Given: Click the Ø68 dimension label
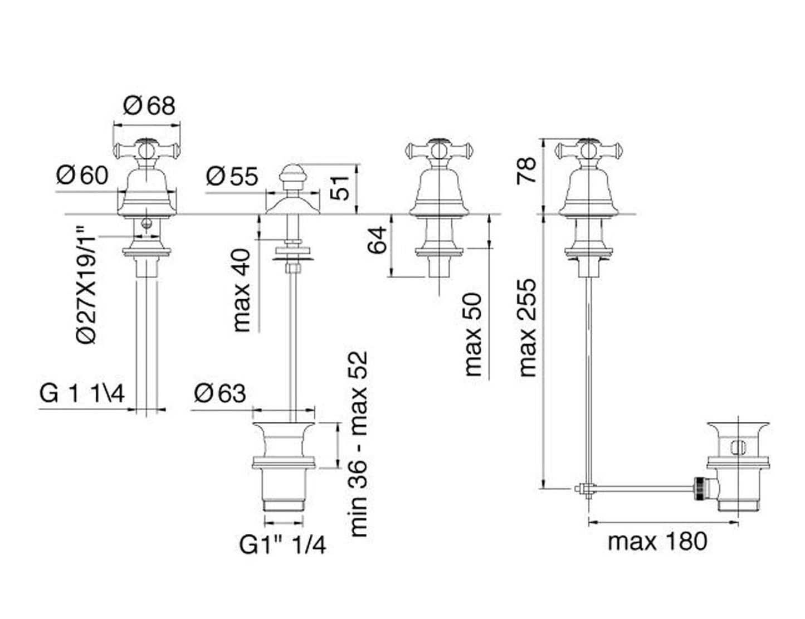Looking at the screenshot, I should click(149, 106).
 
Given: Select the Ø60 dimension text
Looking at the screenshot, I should click(82, 176).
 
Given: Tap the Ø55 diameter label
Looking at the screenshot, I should click(232, 177).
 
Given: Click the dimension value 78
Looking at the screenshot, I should click(526, 170).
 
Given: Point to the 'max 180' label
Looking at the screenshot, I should click(657, 541).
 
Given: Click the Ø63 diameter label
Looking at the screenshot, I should click(220, 394).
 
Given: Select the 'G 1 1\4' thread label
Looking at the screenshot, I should click(82, 394).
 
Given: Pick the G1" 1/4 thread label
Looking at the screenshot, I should click(282, 545).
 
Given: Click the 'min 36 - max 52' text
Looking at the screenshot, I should click(359, 443).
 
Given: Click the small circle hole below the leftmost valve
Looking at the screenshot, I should click(147, 225).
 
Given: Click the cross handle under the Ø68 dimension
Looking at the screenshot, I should click(147, 149).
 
